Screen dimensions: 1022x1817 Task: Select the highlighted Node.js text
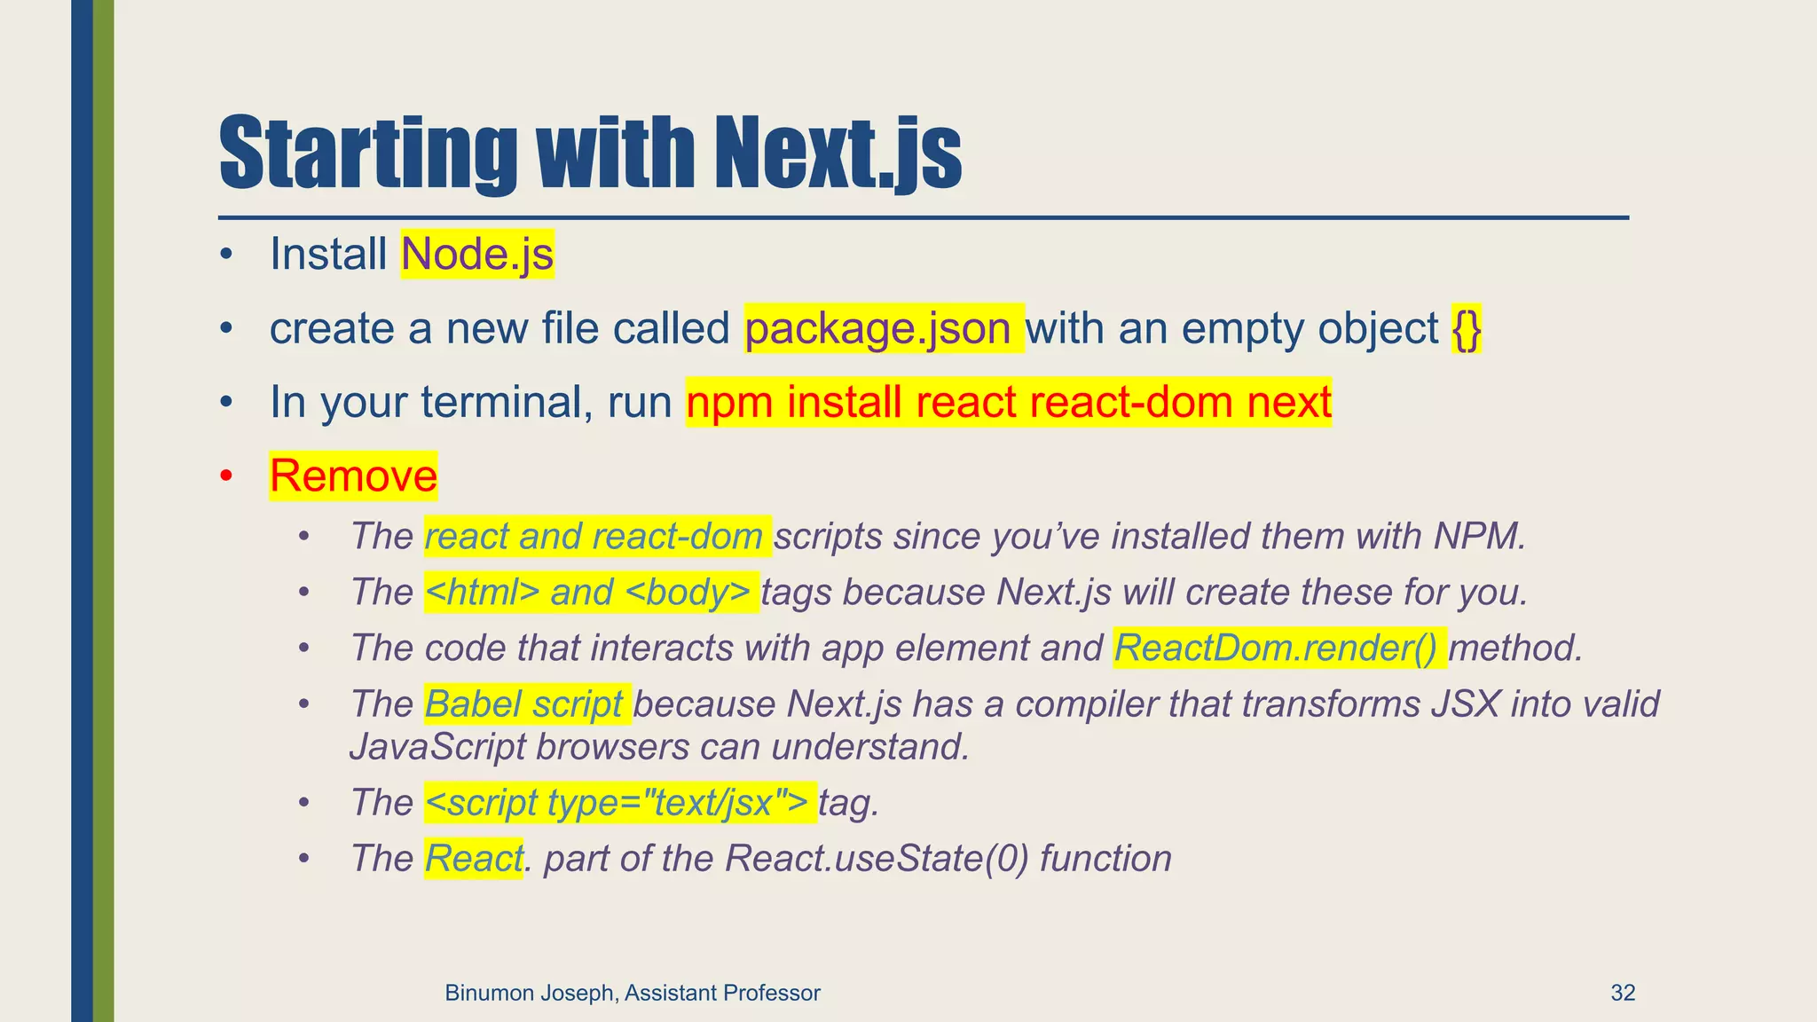coord(477,255)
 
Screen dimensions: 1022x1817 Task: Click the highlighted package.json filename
coord(878,329)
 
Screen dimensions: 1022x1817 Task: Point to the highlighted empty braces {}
coord(1467,329)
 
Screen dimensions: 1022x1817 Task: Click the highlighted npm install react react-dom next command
coord(1009,403)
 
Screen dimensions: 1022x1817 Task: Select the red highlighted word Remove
coord(353,476)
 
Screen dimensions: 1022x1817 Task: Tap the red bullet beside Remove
coord(226,476)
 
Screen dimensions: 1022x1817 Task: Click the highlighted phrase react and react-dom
coord(594,537)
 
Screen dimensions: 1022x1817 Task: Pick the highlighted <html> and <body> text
coord(589,593)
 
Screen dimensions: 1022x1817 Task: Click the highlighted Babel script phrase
coord(524,704)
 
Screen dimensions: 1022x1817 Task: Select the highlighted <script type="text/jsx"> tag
coord(617,803)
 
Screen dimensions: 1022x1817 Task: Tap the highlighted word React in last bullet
coord(473,859)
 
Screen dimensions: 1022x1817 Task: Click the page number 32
coord(1623,993)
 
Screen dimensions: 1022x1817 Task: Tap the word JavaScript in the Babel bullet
coord(437,747)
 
